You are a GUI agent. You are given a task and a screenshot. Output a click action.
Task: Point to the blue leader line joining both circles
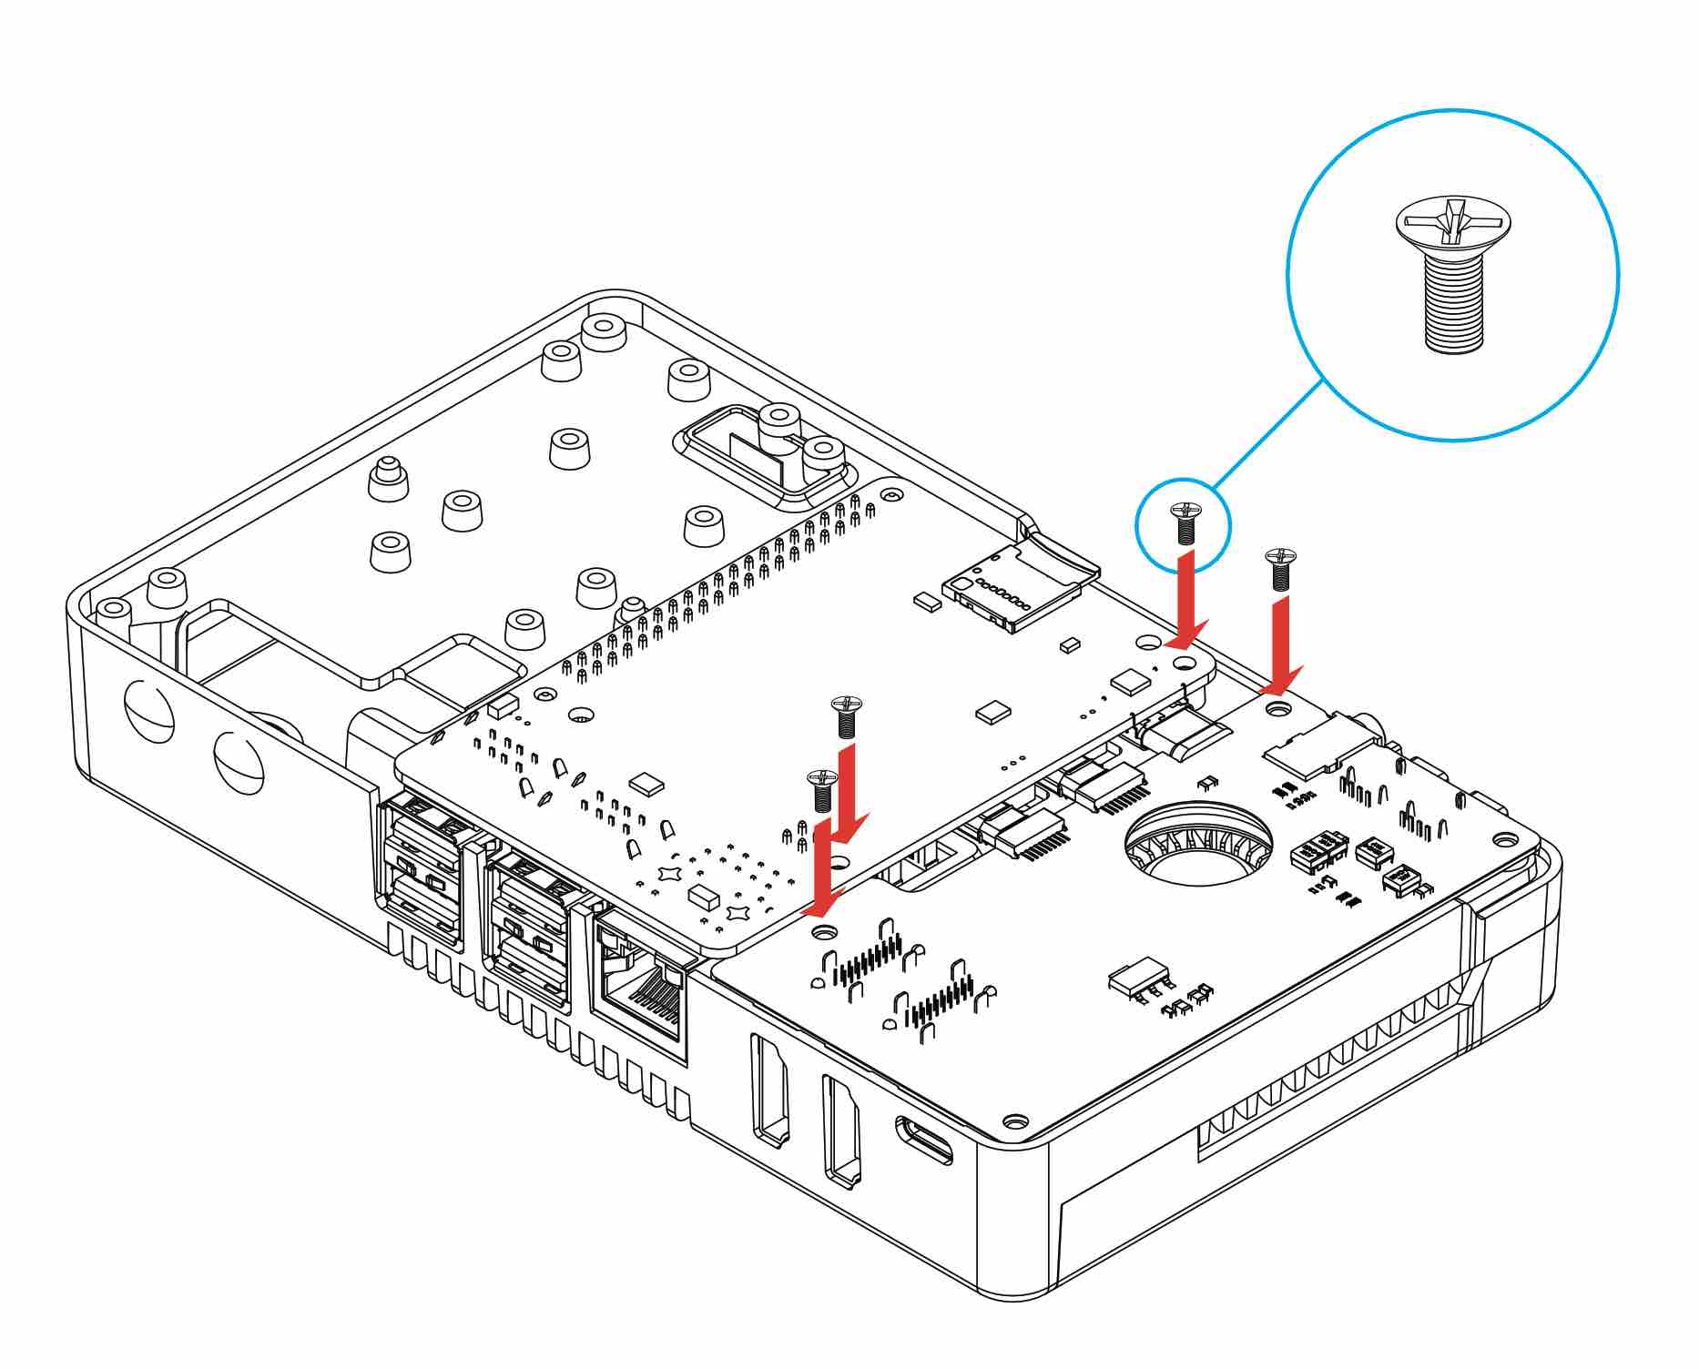[1267, 432]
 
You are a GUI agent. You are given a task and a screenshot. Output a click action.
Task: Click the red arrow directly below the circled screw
[1187, 601]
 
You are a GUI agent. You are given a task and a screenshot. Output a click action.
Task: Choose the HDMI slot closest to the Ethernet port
[769, 1089]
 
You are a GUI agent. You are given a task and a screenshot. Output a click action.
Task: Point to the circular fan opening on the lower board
[1197, 842]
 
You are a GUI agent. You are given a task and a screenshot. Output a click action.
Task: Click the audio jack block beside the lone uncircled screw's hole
[1320, 742]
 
